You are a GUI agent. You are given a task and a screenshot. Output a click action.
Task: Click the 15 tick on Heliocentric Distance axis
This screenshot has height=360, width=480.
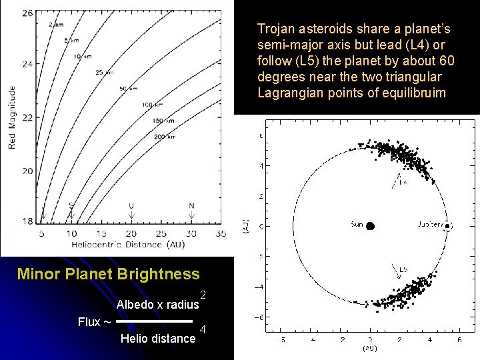[x=101, y=233]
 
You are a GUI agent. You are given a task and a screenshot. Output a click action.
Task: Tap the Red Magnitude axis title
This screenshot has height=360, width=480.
[x=12, y=117]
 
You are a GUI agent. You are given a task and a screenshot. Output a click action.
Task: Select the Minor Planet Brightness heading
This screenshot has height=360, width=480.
[x=108, y=274]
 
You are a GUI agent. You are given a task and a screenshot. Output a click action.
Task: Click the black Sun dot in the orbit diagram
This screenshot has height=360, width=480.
[x=369, y=225]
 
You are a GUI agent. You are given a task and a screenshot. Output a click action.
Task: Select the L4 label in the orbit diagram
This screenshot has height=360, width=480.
[x=404, y=181]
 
